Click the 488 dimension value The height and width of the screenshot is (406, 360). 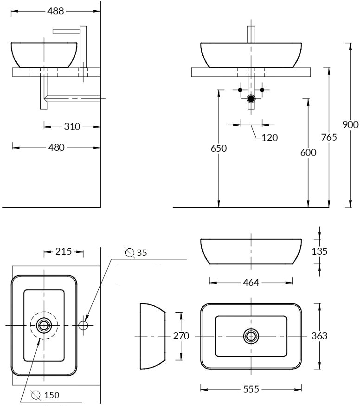[x=56, y=12]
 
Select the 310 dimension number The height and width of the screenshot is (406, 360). [x=72, y=126]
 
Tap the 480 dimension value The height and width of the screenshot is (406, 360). [x=56, y=148]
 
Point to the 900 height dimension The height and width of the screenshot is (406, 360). [x=350, y=124]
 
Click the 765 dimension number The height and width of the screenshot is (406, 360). [x=329, y=137]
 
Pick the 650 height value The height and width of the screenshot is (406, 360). [x=219, y=148]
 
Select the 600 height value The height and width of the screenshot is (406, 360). [x=308, y=152]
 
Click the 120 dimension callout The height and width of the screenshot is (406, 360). [x=270, y=137]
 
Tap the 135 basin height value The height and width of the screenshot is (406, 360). [x=319, y=251]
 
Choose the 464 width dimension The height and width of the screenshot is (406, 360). [x=251, y=282]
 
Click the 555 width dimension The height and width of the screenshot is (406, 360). [x=251, y=389]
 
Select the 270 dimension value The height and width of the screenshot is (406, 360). [x=181, y=335]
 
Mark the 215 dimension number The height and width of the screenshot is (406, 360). [x=64, y=251]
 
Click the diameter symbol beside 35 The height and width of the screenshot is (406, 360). [x=130, y=252]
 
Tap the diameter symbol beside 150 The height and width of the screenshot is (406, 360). [x=36, y=395]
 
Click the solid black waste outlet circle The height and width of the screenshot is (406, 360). [x=251, y=98]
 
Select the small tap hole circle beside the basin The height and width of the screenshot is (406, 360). [x=84, y=325]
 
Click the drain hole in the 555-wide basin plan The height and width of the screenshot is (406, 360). [x=251, y=335]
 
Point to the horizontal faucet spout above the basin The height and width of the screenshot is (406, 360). [x=67, y=31]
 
